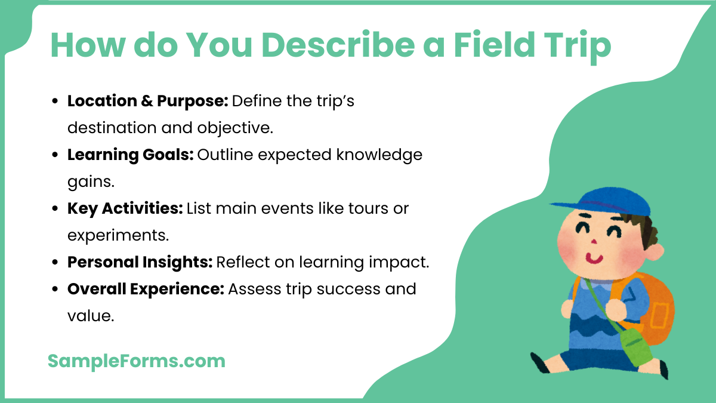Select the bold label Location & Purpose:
tap(147, 101)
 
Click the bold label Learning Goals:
tap(129, 155)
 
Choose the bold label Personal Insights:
tap(140, 262)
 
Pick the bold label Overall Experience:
tap(146, 289)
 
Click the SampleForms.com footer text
tap(137, 361)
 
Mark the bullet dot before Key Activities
tap(55, 209)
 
